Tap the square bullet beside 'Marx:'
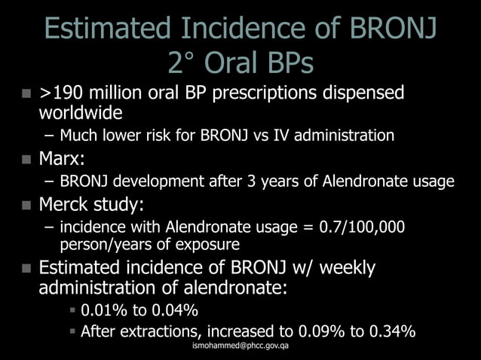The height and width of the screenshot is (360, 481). point(26,160)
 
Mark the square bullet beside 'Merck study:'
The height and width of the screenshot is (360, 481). point(26,205)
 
